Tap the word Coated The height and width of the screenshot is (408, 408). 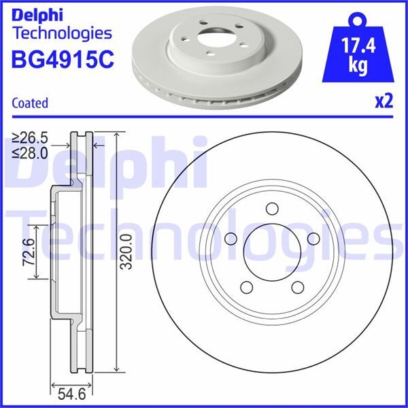[x=31, y=103]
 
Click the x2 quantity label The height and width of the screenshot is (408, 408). [x=384, y=102]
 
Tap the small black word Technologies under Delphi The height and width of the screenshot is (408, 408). [x=62, y=32]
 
